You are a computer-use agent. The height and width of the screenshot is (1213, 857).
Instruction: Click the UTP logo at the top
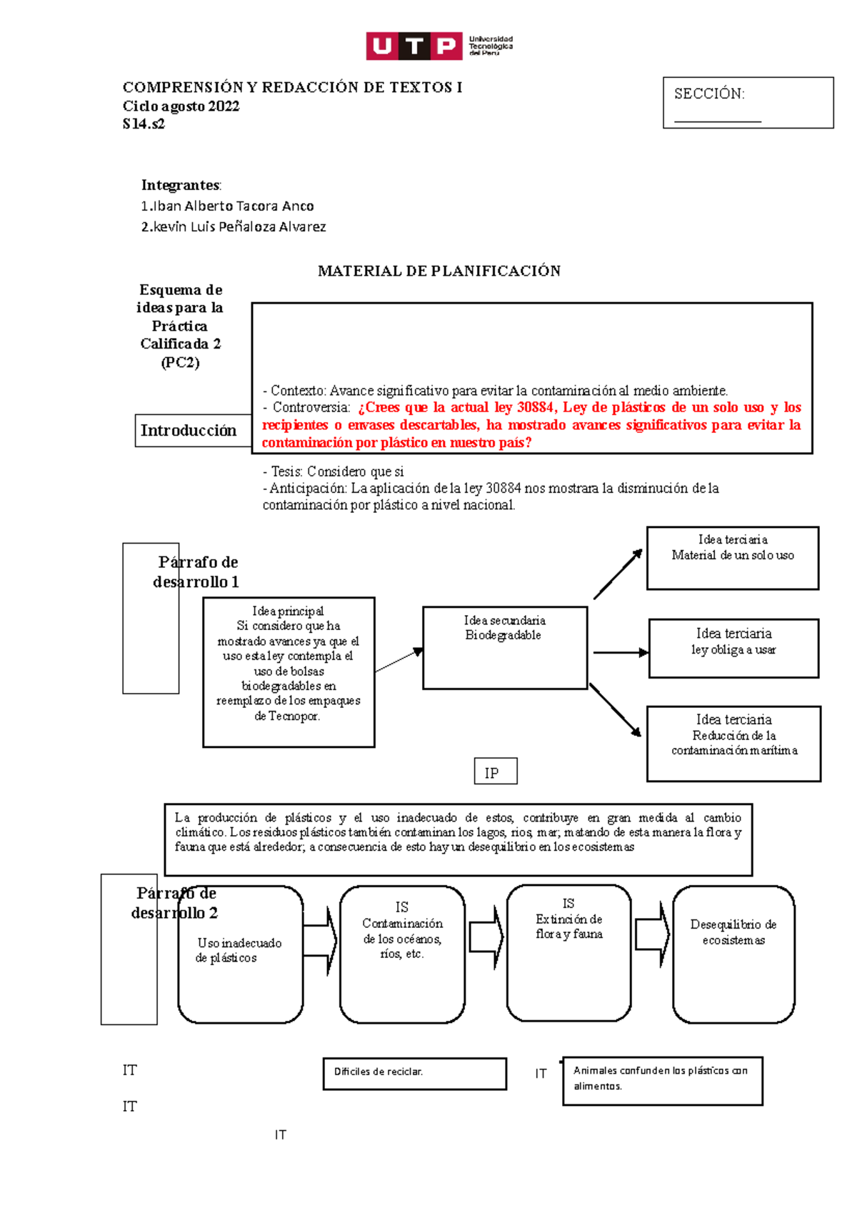coord(438,46)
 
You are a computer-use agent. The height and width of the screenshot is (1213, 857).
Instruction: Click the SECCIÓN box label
coord(709,94)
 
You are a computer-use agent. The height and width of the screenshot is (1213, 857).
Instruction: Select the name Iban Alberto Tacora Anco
coord(227,206)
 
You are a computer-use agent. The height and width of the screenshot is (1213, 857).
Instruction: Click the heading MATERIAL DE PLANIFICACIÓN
coord(438,271)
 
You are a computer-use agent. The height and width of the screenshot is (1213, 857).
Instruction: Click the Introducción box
coord(189,431)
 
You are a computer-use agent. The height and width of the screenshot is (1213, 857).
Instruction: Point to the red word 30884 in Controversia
coord(535,408)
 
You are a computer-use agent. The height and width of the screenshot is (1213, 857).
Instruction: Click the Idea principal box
coord(289,672)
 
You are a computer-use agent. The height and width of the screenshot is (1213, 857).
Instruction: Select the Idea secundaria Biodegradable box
coord(505,648)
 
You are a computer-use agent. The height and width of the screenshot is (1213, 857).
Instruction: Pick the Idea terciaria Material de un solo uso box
coord(732,558)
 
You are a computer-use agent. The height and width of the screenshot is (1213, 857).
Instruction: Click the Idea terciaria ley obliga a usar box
coord(733,648)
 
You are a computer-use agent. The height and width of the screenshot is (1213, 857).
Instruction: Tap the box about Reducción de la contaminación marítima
coord(733,744)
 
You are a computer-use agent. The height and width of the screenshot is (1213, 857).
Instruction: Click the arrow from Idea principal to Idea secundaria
coord(399,660)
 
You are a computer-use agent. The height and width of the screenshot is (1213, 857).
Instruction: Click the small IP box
coord(495,772)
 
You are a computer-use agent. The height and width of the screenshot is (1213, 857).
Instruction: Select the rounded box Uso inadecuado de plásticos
coord(240,954)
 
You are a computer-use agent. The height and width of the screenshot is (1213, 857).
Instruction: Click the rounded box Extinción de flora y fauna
coord(568,953)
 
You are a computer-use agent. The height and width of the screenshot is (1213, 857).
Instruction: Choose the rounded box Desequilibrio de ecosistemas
coord(733,954)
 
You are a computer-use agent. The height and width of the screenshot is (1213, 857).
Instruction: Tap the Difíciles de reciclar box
coord(414,1074)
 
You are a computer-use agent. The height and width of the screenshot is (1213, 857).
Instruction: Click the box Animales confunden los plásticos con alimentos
coord(662,1081)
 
